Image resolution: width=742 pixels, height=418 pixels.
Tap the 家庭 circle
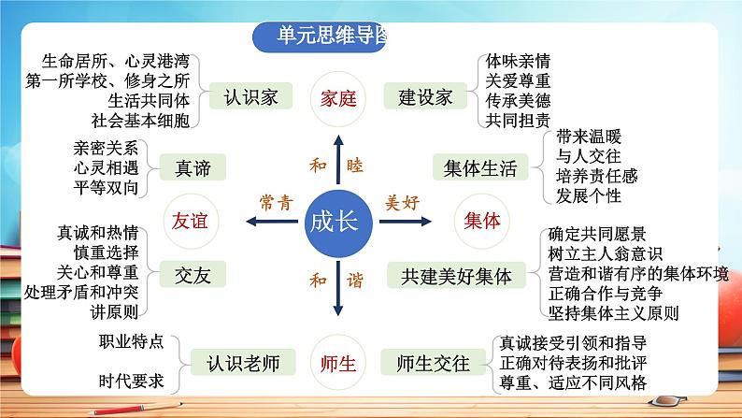334,98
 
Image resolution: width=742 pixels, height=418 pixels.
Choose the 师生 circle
334,360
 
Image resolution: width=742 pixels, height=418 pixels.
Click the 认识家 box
252,97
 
